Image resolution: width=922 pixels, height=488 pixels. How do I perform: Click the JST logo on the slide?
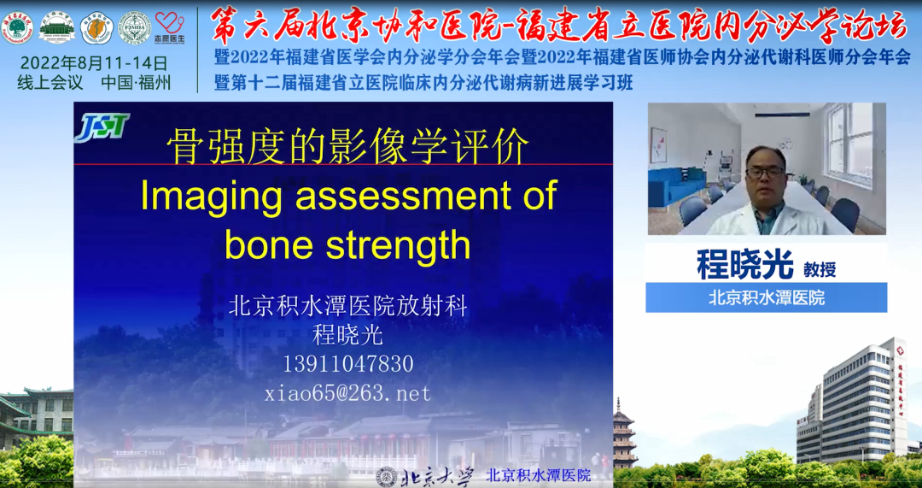tap(102, 128)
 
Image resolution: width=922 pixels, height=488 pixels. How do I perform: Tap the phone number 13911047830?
tap(347, 364)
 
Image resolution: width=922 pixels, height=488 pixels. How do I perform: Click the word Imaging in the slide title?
tap(200, 196)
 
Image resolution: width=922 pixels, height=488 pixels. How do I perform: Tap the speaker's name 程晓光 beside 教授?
tap(745, 266)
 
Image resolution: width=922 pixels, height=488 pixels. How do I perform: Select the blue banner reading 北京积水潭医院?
tap(766, 297)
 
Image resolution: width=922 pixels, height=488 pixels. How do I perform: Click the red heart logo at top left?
tap(169, 24)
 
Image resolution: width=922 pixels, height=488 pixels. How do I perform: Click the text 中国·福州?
tap(136, 84)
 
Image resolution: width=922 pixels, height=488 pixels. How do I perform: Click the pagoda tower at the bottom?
tap(624, 436)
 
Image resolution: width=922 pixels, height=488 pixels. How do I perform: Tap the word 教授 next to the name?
tap(820, 269)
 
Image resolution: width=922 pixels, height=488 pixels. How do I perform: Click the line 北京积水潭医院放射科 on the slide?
tap(347, 306)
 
